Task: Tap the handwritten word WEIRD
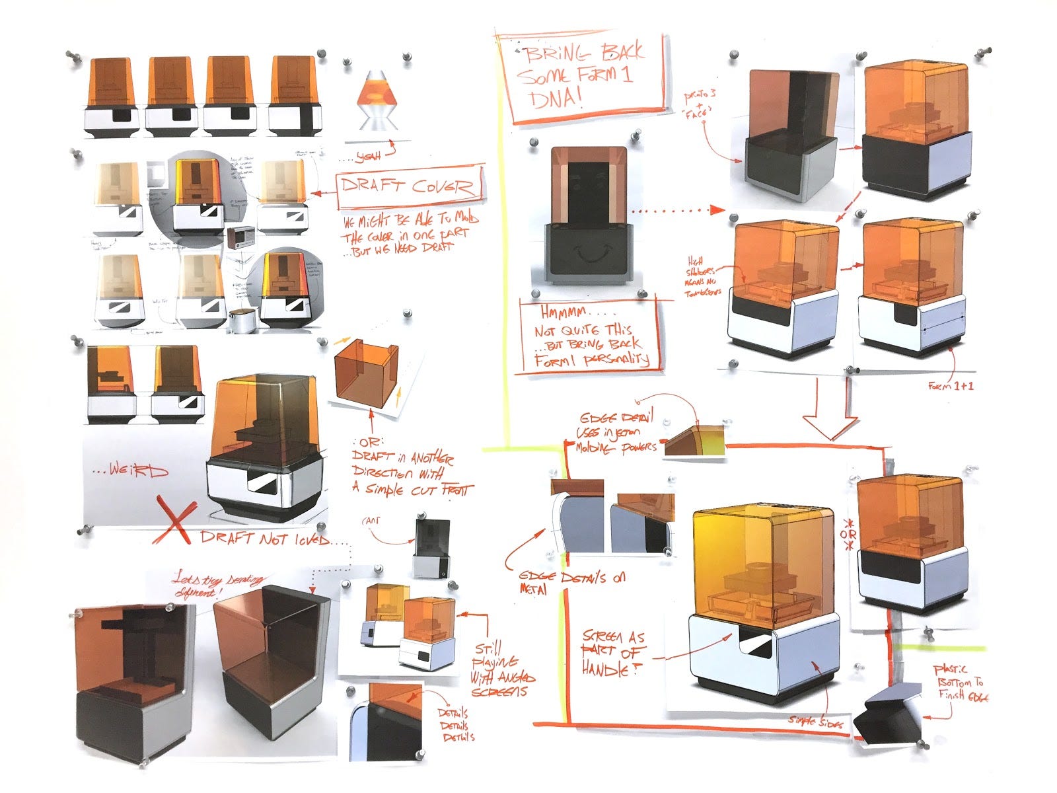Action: pyautogui.click(x=131, y=471)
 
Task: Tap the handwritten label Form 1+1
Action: pyautogui.click(x=951, y=385)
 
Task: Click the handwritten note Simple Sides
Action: pyautogui.click(x=815, y=722)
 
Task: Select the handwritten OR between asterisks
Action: pyautogui.click(x=848, y=534)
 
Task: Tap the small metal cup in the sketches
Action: pyautogui.click(x=241, y=321)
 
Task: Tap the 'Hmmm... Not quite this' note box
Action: pyautogui.click(x=590, y=337)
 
